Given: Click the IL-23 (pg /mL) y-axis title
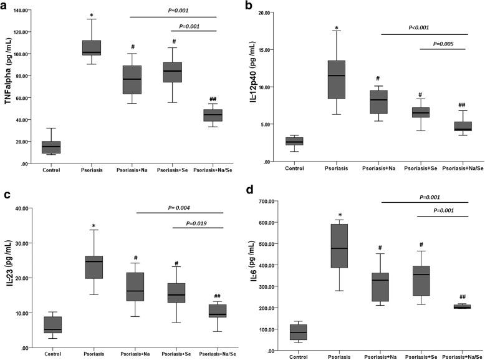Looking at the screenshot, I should (x=8, y=270).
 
